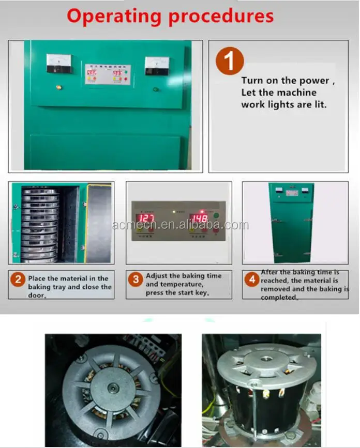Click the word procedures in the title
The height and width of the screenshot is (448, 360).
click(x=221, y=16)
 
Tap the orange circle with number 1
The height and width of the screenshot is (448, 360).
click(x=229, y=61)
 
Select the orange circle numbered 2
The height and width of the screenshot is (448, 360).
click(x=19, y=280)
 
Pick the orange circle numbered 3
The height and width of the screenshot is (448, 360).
click(x=136, y=280)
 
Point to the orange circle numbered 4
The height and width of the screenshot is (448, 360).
click(x=252, y=280)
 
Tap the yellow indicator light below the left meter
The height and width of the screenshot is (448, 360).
click(x=58, y=87)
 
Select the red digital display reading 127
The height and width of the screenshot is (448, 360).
click(x=145, y=218)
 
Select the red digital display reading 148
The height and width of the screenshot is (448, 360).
click(x=198, y=218)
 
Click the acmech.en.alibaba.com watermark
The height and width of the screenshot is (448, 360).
click(x=180, y=225)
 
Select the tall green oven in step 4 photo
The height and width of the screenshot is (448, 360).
click(x=291, y=222)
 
